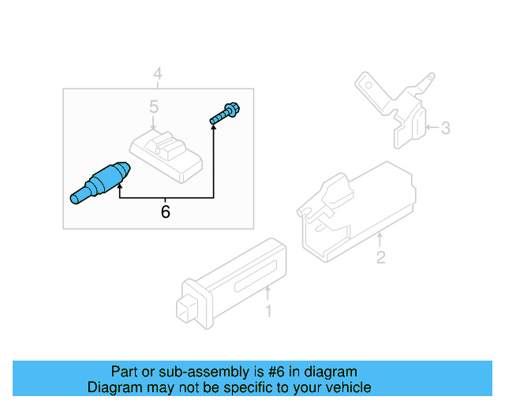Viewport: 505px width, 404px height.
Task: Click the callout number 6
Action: click(x=165, y=211)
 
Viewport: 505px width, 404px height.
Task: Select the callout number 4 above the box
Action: click(x=158, y=75)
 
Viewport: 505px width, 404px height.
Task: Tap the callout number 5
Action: click(x=155, y=107)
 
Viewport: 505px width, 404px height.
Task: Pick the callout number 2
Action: click(x=380, y=257)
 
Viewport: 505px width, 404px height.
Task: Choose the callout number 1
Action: click(x=268, y=312)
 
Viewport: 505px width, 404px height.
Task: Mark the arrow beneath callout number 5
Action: click(x=155, y=123)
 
